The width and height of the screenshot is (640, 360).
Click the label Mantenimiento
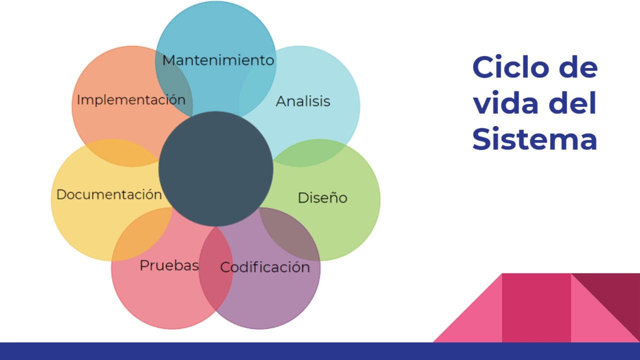tap(218, 60)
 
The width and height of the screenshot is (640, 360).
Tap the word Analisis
tap(303, 101)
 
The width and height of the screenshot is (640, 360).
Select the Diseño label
tap(322, 198)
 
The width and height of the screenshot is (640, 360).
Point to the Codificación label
tap(265, 267)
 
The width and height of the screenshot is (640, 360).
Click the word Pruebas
tap(169, 265)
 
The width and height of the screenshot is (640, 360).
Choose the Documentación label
tap(109, 194)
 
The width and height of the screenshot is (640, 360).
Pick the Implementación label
tap(131, 100)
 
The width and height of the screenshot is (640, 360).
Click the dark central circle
tap(216, 168)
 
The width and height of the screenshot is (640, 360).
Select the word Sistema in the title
tap(535, 139)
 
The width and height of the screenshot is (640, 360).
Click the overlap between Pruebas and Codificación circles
tap(216, 270)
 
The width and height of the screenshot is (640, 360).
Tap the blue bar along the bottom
tap(320, 351)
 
